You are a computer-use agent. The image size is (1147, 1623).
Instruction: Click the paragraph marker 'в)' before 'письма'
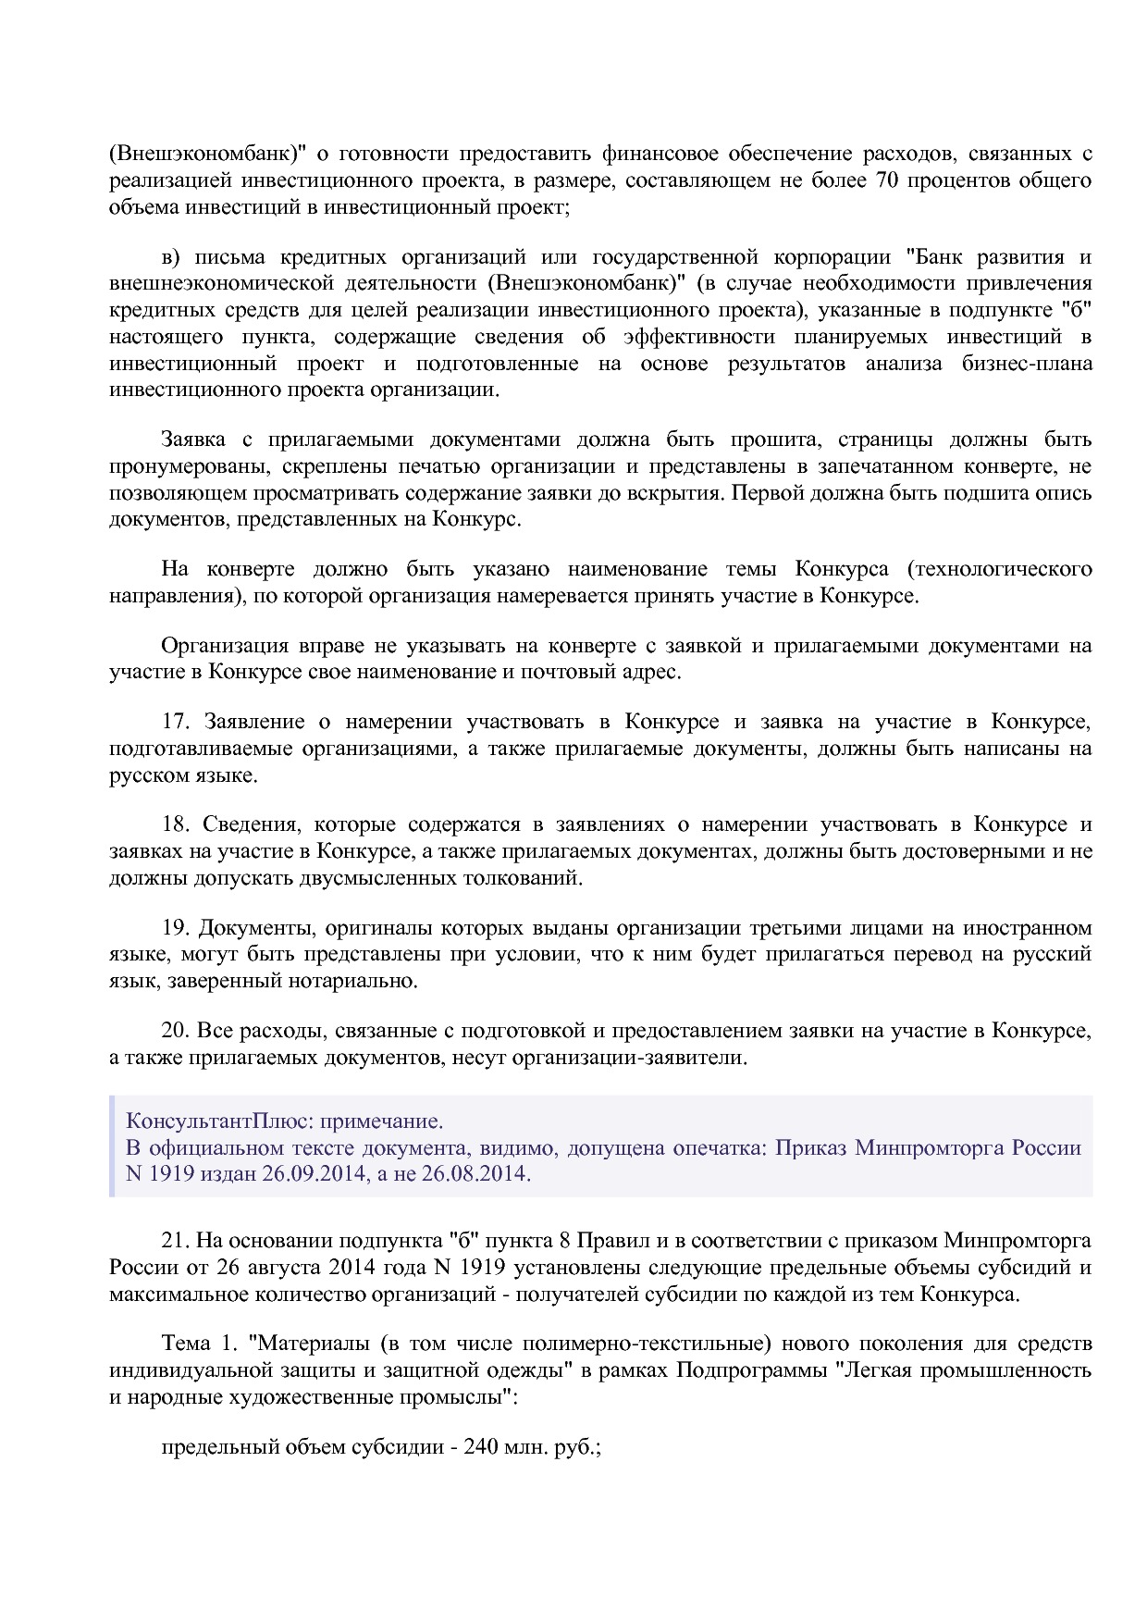[174, 256]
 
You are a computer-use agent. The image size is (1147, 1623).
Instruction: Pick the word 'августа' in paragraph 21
[279, 1267]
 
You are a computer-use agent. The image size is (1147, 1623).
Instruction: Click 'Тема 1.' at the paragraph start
[199, 1343]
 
